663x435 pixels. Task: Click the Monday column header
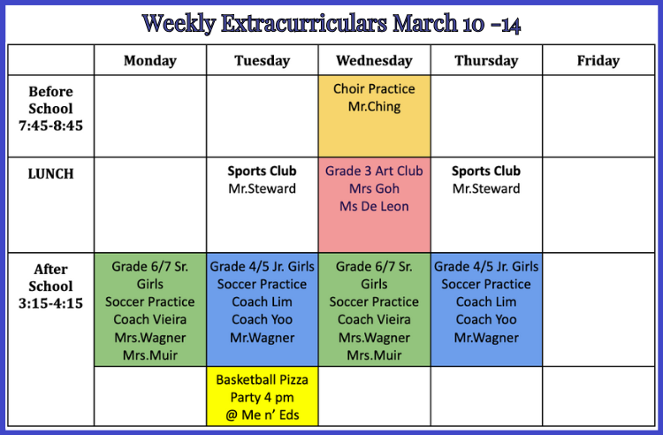click(x=150, y=60)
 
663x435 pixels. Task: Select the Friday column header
click(x=598, y=60)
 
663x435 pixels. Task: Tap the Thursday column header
click(x=486, y=60)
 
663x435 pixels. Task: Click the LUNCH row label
click(x=50, y=174)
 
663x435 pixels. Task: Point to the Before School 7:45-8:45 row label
click(x=50, y=109)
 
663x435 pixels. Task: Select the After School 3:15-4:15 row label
click(x=50, y=286)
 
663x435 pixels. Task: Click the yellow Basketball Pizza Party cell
click(x=263, y=396)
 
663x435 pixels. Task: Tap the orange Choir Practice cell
click(x=374, y=116)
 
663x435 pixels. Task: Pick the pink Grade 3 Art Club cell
click(x=374, y=205)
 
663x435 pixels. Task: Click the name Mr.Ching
click(x=374, y=106)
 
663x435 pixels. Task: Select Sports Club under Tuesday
click(x=263, y=171)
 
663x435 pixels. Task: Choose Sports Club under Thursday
click(x=486, y=171)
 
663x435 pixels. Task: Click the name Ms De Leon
click(x=374, y=206)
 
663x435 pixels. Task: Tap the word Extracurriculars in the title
click(x=303, y=23)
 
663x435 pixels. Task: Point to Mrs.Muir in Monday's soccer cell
click(x=150, y=355)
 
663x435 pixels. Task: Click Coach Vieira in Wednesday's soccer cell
click(x=374, y=319)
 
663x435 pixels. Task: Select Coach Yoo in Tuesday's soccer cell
click(x=263, y=319)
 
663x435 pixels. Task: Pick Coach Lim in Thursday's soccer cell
click(x=486, y=301)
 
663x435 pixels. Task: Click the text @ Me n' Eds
click(x=263, y=416)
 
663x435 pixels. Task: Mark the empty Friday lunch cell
click(x=598, y=205)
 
